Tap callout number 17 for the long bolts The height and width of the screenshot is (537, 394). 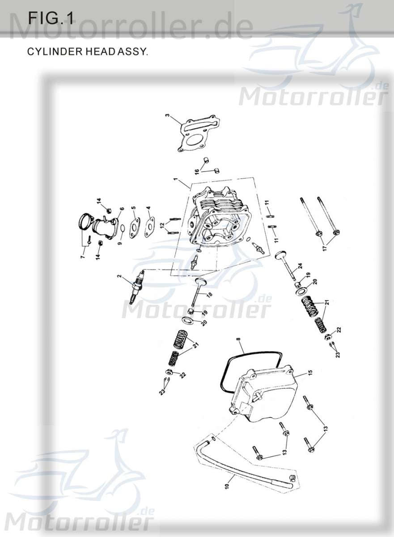click(x=326, y=247)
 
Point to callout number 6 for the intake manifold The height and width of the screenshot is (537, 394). click(x=122, y=209)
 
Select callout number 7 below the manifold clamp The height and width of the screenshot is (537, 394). click(x=82, y=257)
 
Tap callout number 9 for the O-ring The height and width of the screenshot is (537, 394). click(x=119, y=243)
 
